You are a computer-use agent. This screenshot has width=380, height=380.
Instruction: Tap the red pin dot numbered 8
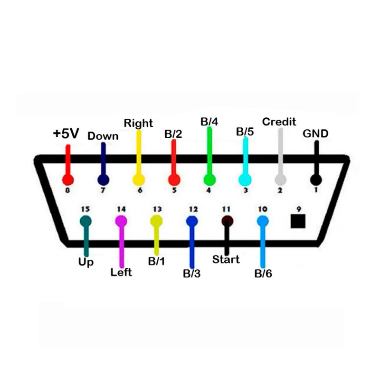click(68, 180)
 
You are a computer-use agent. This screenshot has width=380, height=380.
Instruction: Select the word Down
click(103, 136)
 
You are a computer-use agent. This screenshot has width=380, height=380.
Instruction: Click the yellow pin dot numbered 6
click(138, 180)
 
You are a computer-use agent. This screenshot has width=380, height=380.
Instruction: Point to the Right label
click(138, 123)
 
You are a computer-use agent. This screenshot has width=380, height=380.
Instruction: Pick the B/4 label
click(209, 122)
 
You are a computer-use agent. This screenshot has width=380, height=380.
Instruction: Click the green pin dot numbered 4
click(209, 180)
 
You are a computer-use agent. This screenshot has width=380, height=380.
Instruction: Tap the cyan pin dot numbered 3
click(245, 180)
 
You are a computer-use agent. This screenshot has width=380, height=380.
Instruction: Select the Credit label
click(279, 122)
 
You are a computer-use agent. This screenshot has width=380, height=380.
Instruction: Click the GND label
click(315, 134)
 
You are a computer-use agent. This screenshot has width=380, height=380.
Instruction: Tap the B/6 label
click(263, 274)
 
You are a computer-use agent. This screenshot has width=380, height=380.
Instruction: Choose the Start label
click(226, 260)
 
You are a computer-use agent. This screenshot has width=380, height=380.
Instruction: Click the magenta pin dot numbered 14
click(122, 220)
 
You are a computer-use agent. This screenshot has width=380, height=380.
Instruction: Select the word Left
click(121, 273)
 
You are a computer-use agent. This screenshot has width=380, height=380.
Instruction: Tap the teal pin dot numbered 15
click(86, 220)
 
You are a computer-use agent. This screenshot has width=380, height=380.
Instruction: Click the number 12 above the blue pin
click(193, 209)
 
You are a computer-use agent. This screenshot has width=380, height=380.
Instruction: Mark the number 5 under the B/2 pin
click(174, 190)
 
